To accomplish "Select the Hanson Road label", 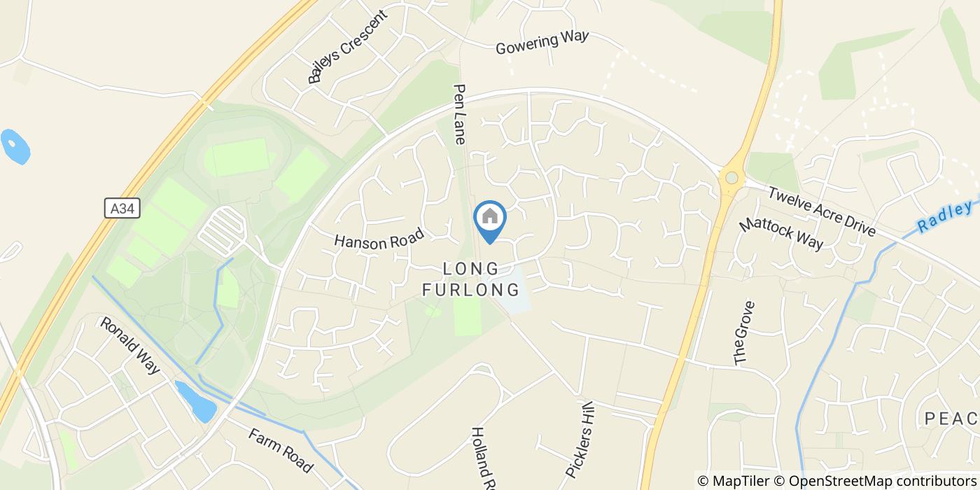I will coord(379,239).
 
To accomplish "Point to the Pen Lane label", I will coord(460,114).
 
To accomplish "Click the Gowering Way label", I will coord(542,42).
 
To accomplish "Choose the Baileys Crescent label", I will coord(347,46).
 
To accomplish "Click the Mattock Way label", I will coord(781,232).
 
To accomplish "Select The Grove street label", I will coord(744,332).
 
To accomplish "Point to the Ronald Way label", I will coord(130,345).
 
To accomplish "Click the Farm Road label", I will coord(280,449).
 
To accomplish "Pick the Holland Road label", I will coord(484,458).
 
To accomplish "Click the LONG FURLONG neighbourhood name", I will coord(471,279).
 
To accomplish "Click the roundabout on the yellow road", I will coord(731,178).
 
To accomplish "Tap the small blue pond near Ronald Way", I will coord(196,401).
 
